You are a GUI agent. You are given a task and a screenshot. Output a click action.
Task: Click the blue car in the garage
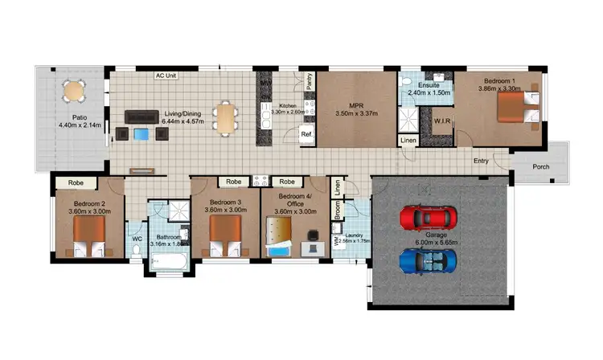point(429,260)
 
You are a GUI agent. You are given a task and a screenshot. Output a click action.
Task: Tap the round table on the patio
point(73,91)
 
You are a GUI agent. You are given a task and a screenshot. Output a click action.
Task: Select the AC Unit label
point(166,76)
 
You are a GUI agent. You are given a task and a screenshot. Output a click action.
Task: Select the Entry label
point(481,161)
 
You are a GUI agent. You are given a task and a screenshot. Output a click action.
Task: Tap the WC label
point(136,238)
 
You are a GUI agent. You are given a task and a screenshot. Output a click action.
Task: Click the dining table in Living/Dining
point(226,117)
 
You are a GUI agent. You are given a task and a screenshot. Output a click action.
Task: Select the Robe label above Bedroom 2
point(76,182)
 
